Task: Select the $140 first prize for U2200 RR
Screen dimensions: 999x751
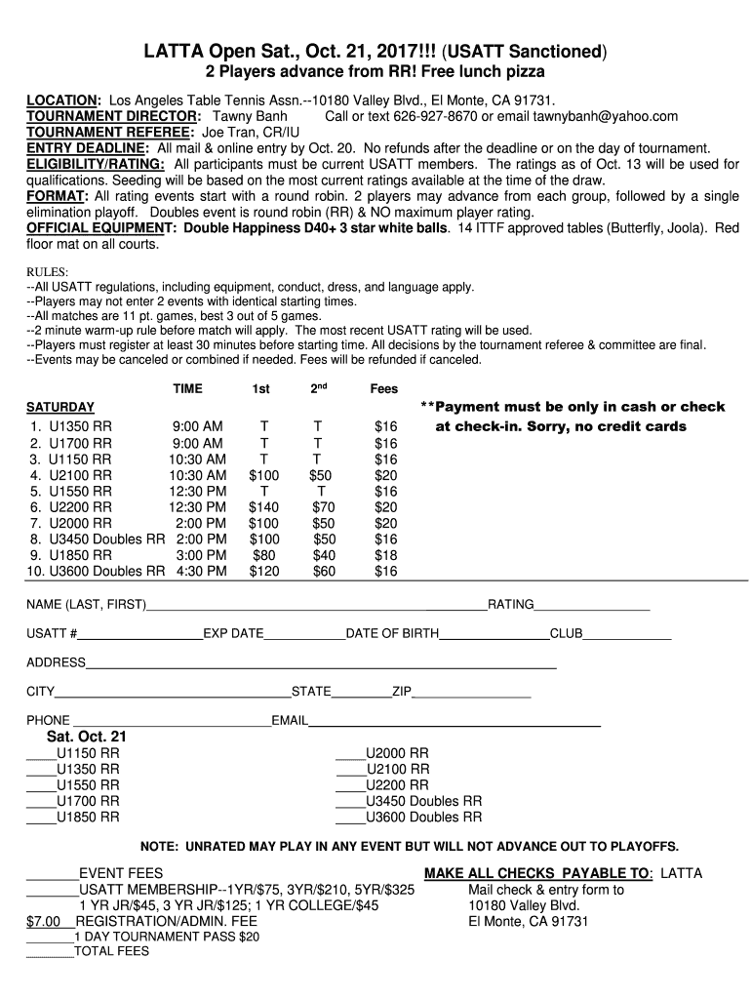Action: [263, 507]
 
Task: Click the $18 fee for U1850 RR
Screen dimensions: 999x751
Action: [386, 555]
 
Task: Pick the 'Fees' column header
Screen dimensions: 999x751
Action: [384, 389]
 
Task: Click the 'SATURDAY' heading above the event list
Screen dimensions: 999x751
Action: [60, 407]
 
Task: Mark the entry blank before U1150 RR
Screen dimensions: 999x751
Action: [41, 757]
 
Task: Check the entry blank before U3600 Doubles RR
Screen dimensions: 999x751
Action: [350, 820]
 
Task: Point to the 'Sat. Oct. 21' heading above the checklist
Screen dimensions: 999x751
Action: [87, 737]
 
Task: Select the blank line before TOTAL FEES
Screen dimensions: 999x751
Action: [49, 955]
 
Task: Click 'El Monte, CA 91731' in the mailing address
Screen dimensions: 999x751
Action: [528, 920]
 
